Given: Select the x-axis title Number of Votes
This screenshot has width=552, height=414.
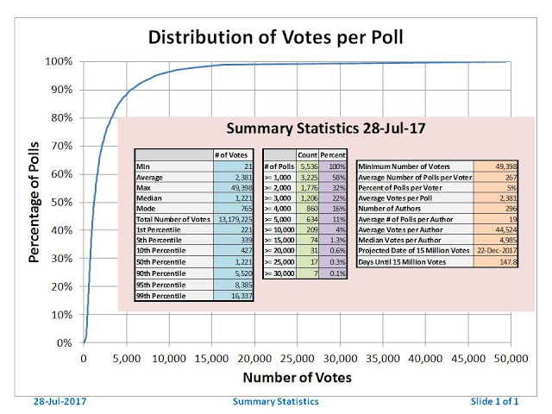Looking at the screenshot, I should [x=297, y=378].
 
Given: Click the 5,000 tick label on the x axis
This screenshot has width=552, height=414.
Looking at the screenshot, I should [x=126, y=358].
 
